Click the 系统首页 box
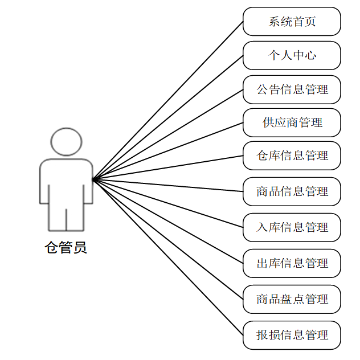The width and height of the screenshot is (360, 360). [292, 22]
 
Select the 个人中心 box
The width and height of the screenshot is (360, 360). [292, 55]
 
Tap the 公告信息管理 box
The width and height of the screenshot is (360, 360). [292, 89]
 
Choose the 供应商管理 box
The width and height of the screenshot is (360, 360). [292, 122]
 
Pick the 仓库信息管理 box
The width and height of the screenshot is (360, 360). [292, 156]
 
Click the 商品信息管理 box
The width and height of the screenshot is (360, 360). [292, 191]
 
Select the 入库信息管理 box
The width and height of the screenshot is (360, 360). [292, 227]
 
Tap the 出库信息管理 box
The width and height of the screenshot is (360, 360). [292, 263]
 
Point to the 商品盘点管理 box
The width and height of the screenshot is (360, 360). [292, 299]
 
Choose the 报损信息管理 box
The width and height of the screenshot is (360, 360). [292, 335]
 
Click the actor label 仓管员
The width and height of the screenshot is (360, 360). [66, 248]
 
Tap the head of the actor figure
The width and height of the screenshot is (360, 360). [66, 141]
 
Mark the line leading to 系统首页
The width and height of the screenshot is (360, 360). [168, 100]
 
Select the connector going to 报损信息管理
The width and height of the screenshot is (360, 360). [168, 257]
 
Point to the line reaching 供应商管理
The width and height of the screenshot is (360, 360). [168, 151]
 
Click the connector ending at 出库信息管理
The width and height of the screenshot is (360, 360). [168, 221]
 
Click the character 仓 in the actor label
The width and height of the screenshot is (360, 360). [52, 248]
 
